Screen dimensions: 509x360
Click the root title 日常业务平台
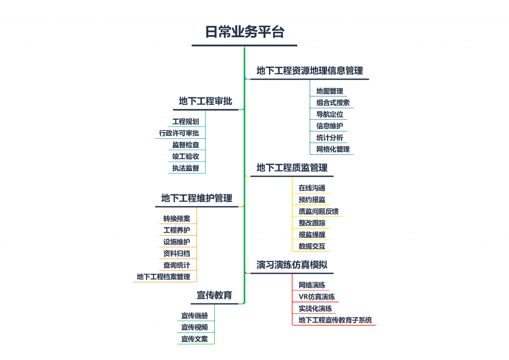pos(245,32)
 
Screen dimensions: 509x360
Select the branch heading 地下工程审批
pos(205,101)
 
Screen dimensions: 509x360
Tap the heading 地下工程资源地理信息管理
pos(310,71)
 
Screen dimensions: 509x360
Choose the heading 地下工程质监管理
pos(292,168)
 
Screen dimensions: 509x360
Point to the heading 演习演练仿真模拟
pos(292,265)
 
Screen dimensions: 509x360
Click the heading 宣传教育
pos(214,295)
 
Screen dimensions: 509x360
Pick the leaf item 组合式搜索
pos(333,102)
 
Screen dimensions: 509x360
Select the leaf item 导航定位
pos(330,114)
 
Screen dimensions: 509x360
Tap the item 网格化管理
pos(333,149)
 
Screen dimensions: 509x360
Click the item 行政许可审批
pos(179,133)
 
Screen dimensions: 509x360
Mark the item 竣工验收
pos(185,157)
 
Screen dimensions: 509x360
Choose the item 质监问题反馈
pos(319,211)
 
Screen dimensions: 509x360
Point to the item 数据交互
pos(312,247)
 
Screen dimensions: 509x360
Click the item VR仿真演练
pos(317,297)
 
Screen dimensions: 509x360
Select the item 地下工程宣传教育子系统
pos(335,320)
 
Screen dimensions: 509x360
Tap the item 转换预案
pos(176,218)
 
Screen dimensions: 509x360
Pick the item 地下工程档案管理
pos(163,277)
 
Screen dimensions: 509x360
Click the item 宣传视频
pos(194,327)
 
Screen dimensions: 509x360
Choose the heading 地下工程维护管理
pos(197,198)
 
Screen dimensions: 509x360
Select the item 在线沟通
pos(312,188)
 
